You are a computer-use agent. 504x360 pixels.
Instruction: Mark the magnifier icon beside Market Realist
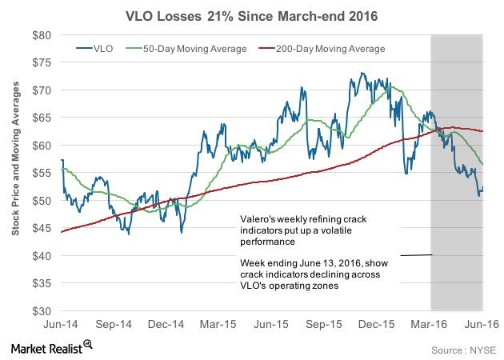(89, 345)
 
